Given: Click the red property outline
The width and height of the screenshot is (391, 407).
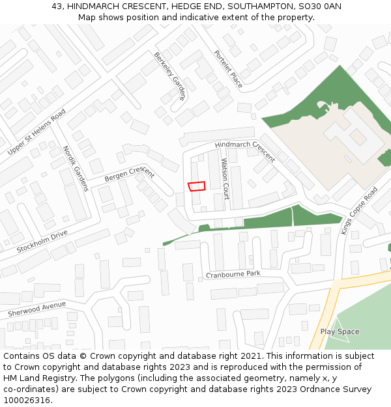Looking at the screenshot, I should tap(196, 186).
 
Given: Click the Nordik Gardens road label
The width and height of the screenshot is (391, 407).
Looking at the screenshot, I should tap(76, 168).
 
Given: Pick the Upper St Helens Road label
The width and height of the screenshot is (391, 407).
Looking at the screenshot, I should tap(36, 132).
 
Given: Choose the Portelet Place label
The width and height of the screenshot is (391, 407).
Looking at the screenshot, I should tap(228, 69).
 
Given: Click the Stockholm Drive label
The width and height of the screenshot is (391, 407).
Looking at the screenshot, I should tap(42, 241).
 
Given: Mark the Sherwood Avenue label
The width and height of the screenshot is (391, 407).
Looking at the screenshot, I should tap(37, 309).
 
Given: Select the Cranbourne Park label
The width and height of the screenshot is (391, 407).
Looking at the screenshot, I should tap(233, 274).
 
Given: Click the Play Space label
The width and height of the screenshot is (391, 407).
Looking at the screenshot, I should tap(340, 331).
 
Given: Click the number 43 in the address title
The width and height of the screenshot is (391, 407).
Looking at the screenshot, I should tap(57, 7).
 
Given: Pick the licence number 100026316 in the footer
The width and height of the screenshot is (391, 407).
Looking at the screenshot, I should tap(27, 400).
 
